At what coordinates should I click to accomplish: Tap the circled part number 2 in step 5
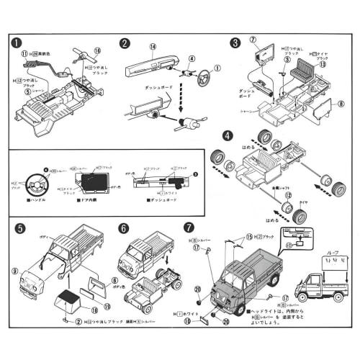78,322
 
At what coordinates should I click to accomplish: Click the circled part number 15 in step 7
250,237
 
